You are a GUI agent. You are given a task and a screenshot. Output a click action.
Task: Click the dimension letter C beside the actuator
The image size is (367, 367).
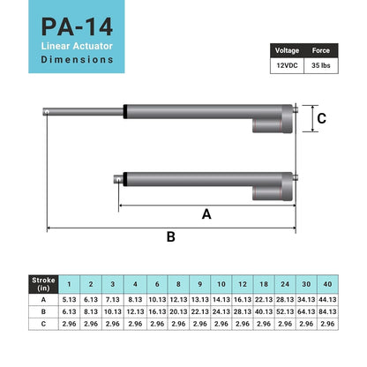[x=322, y=118]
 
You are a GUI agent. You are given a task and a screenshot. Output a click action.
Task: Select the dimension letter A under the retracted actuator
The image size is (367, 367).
[x=206, y=213]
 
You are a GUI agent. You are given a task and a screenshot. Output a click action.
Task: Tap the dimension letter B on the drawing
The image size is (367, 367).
[x=171, y=236]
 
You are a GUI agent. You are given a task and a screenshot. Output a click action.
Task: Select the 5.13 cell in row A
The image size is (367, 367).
[x=69, y=299]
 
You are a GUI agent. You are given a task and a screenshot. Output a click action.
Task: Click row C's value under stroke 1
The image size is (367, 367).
[x=69, y=324]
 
